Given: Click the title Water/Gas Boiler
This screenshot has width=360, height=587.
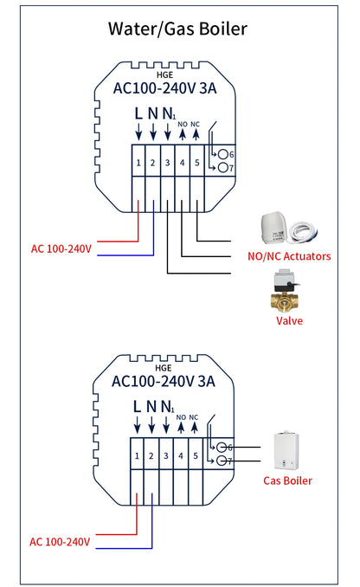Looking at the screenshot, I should point(177,29).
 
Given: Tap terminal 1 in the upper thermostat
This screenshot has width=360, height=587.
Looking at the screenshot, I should point(138,162).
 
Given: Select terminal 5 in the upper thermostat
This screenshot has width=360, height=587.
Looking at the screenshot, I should point(196,162).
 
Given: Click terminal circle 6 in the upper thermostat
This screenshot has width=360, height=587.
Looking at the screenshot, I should point(222,154).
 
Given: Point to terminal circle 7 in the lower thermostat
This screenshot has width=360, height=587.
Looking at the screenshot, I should point(222,461).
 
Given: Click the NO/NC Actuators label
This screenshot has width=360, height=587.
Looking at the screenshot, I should point(289,256).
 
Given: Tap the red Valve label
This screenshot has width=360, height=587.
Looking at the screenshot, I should point(289,320).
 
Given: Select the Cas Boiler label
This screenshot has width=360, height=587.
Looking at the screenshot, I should point(288,481).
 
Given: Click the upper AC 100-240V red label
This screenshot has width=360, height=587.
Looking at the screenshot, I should point(61,248).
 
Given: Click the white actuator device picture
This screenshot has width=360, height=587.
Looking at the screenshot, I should point(275,229).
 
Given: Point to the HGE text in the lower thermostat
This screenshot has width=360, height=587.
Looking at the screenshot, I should point(164,366).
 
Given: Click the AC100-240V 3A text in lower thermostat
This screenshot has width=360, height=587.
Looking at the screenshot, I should point(164,381).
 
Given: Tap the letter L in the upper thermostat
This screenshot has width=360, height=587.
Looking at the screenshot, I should point(138,113).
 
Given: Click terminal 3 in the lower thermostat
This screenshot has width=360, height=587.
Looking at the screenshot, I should point(167,455).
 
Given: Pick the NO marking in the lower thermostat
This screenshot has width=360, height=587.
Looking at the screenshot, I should point(181,417).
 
